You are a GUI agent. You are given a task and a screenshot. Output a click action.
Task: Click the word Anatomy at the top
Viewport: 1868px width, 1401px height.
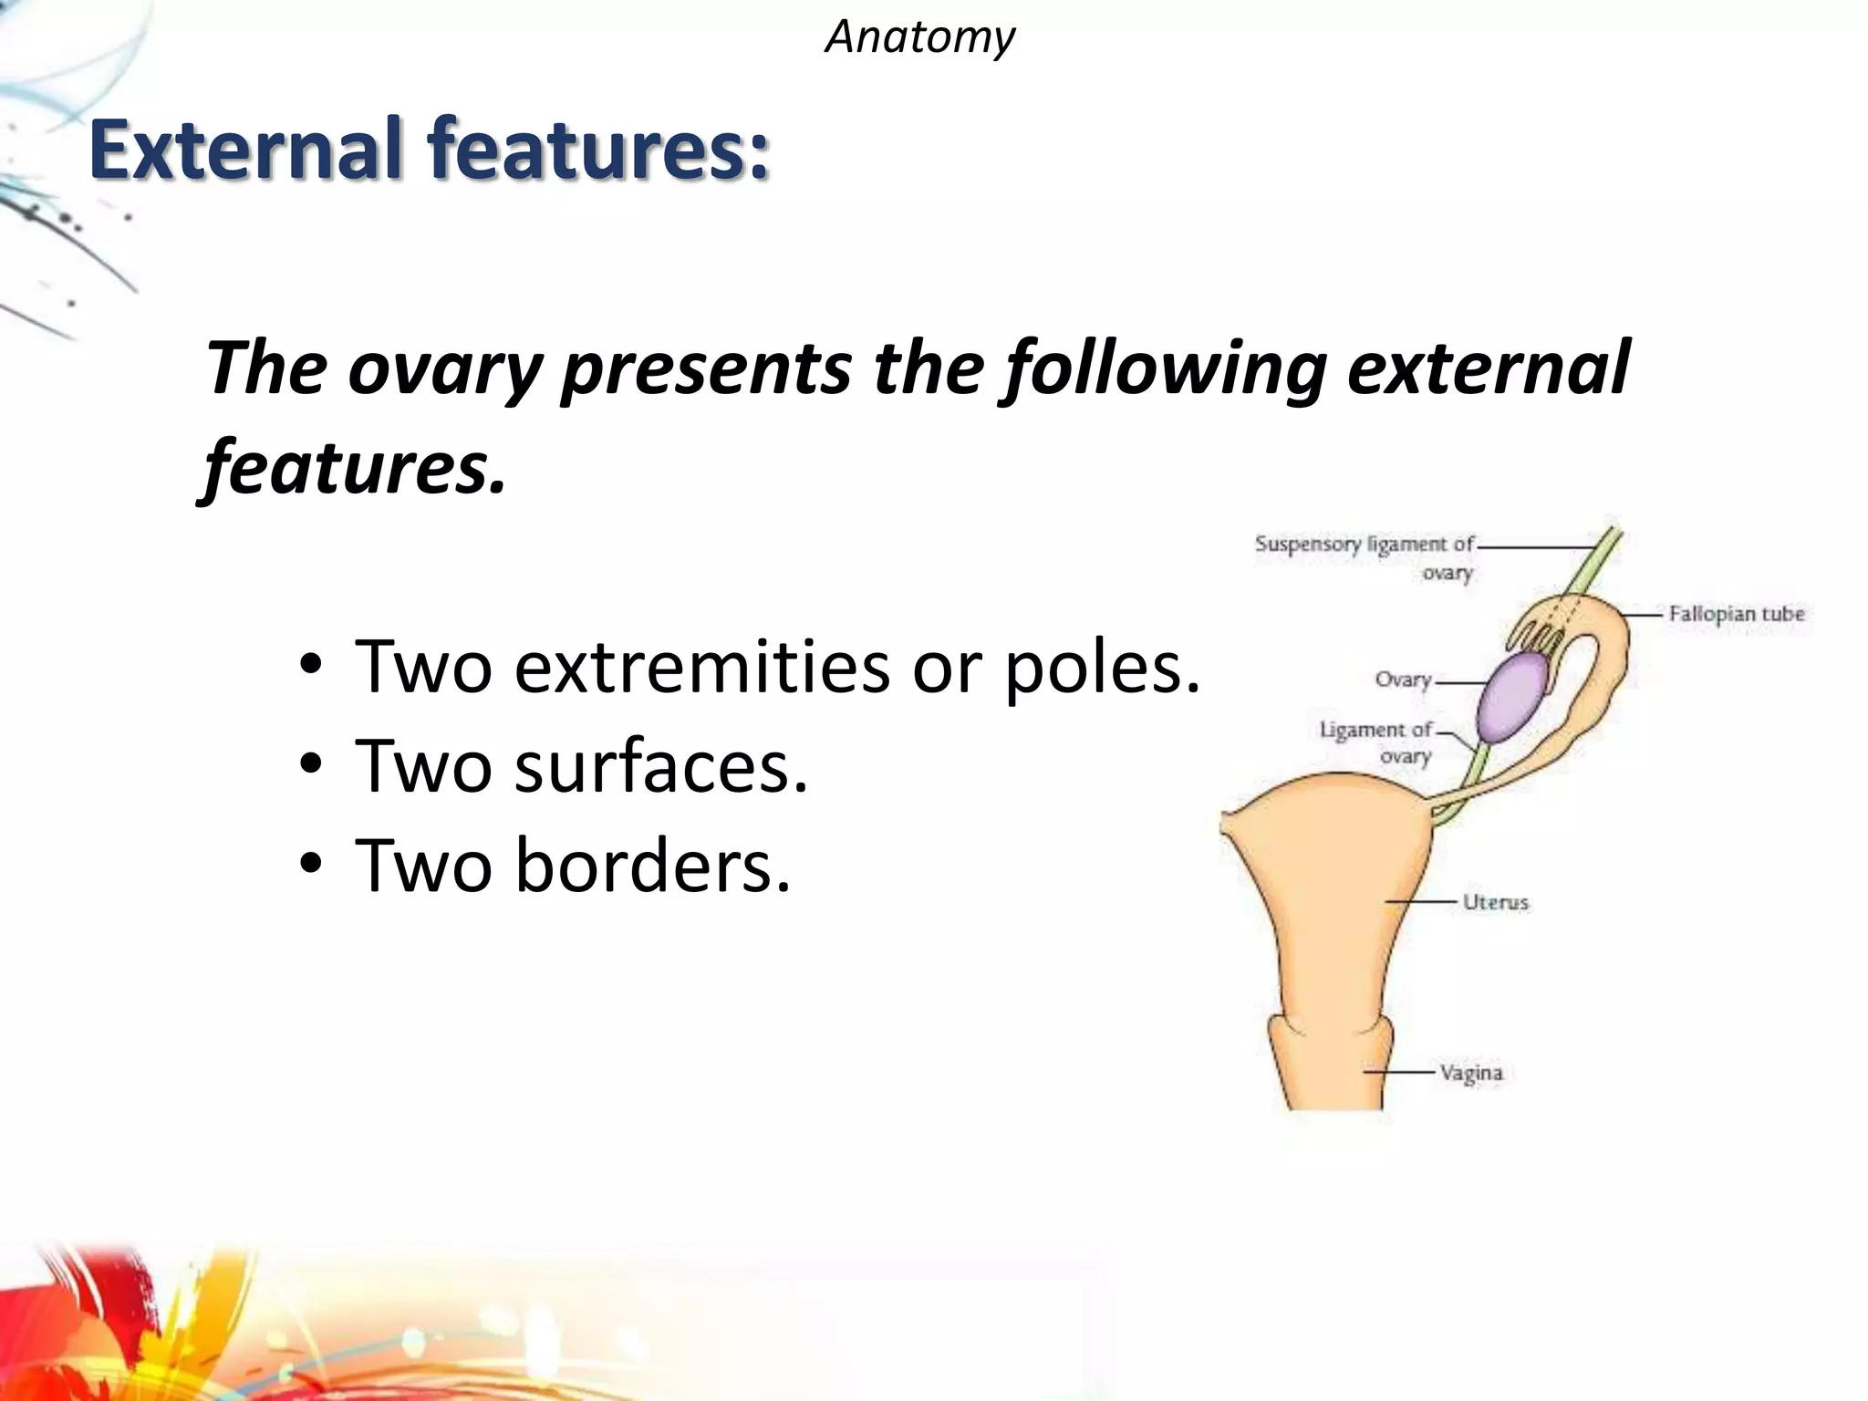tap(919, 38)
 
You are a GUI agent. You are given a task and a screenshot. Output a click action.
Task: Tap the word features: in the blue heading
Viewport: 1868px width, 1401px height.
tap(599, 149)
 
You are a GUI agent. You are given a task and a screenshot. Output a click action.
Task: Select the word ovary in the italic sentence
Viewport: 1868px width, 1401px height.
tap(444, 368)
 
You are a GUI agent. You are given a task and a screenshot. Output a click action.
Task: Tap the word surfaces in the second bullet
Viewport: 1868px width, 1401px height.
tap(660, 766)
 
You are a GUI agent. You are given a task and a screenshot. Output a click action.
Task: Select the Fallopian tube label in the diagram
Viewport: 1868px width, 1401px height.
tap(1736, 614)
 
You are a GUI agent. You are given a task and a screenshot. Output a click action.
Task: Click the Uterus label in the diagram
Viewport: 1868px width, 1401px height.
tap(1495, 902)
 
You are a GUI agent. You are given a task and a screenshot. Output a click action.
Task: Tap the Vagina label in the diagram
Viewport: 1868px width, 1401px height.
tap(1470, 1073)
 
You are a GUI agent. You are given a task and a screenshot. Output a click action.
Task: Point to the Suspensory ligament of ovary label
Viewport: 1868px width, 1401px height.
tap(1365, 556)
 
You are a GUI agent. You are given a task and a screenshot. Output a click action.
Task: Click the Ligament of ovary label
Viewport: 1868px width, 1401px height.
tap(1377, 742)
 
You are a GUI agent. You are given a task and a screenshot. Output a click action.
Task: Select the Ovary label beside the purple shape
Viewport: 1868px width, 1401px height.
tap(1403, 680)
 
